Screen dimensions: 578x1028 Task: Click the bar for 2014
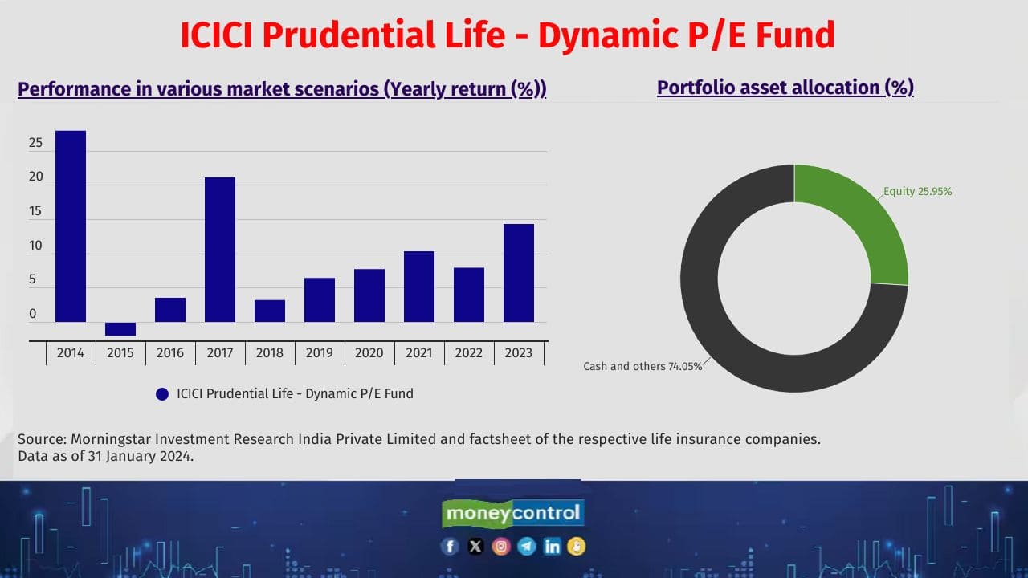[x=71, y=226]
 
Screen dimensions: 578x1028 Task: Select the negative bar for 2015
[x=120, y=328]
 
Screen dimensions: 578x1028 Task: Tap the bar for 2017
[x=220, y=249]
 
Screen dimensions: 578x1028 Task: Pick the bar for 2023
[x=519, y=272]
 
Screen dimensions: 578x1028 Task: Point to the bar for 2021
[x=419, y=286]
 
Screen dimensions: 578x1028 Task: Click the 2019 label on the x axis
[x=320, y=353]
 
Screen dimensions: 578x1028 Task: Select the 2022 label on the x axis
[x=469, y=353]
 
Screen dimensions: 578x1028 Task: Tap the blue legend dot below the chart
[x=162, y=394]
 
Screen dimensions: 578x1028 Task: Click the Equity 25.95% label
[x=918, y=192]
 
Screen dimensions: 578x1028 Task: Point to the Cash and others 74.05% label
[x=642, y=366]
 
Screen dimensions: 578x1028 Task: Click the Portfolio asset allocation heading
[x=785, y=88]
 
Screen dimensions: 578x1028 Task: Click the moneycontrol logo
[x=513, y=513]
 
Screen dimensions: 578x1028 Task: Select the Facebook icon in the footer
[x=450, y=547]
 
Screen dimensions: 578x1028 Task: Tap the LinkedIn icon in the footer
[x=552, y=547]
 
